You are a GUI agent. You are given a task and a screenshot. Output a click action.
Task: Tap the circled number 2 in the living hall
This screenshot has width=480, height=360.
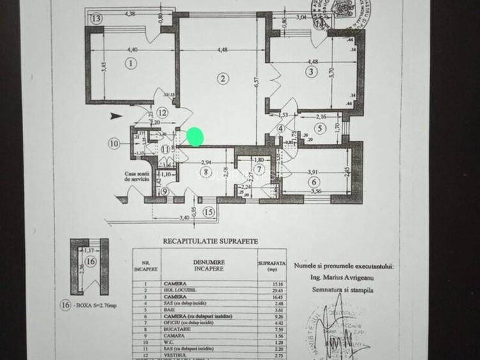coord(222,79)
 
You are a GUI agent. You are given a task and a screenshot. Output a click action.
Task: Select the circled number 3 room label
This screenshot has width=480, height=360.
coord(311,72)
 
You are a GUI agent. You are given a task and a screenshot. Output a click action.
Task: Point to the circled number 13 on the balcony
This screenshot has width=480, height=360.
coord(96,19)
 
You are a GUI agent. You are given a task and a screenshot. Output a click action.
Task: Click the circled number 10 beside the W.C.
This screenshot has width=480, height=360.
coord(114,144)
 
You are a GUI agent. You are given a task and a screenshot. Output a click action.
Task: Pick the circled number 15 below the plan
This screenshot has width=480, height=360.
coord(208,212)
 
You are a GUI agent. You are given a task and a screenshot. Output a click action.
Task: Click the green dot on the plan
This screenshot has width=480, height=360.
coord(195,136)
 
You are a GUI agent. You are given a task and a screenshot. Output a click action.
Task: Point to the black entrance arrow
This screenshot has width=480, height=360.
coord(114,116)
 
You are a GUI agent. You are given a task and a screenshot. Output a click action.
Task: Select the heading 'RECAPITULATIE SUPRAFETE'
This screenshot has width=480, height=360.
coord(210,241)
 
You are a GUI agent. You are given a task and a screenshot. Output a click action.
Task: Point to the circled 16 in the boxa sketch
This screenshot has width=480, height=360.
coord(90,262)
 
